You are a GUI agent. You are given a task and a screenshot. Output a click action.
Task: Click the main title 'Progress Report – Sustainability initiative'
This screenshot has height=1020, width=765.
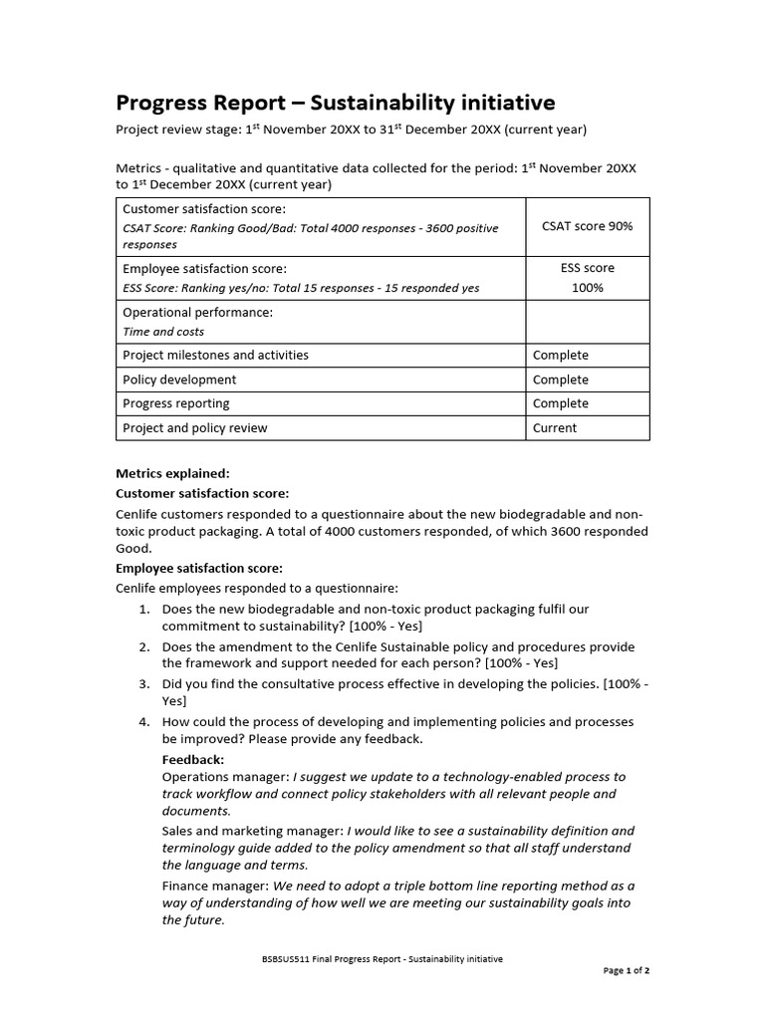tap(336, 103)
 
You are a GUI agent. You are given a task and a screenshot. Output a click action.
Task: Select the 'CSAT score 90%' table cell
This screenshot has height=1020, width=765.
tap(587, 226)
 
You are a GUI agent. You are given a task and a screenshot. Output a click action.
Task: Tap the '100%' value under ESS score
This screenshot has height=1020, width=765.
tap(587, 288)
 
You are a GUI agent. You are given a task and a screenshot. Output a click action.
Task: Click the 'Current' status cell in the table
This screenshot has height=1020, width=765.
tap(555, 428)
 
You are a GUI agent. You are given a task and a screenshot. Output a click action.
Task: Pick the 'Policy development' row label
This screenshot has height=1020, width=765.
tap(179, 380)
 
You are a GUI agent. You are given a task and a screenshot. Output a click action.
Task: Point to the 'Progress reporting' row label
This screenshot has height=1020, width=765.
tap(175, 403)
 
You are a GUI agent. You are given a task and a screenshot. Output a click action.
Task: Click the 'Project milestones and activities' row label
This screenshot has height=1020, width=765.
tap(215, 355)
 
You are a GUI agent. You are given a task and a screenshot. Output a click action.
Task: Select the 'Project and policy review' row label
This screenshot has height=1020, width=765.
tap(194, 428)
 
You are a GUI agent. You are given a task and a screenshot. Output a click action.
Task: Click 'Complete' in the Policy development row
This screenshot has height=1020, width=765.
tap(561, 380)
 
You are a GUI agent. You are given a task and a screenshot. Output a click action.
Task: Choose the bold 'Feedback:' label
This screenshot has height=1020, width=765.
tap(192, 759)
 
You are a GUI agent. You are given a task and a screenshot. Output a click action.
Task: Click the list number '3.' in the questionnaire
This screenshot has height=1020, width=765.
tap(144, 684)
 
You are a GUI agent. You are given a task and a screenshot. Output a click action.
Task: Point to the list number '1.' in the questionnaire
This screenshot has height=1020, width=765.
tap(144, 609)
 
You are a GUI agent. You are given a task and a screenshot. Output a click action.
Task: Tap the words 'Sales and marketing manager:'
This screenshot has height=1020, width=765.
tap(251, 831)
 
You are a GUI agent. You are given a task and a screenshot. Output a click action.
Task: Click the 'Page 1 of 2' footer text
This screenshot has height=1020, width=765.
tap(627, 970)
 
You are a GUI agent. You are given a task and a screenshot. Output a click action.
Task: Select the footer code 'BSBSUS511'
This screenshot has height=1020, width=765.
tap(281, 959)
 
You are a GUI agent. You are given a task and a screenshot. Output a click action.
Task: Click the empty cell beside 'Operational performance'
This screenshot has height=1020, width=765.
tap(587, 321)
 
